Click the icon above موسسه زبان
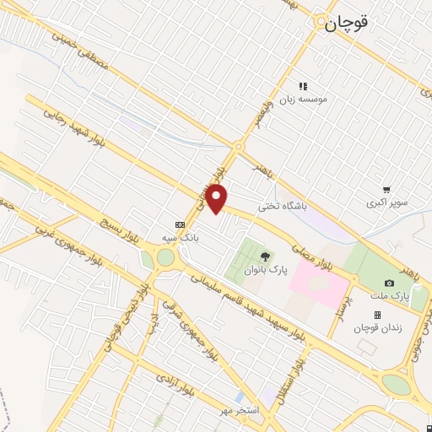pos(303,86)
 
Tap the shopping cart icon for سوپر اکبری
pos(386,190)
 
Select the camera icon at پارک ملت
pos(389,283)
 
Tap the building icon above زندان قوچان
pos(377,315)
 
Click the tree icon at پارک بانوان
pos(266,256)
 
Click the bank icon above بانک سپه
pos(179,224)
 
